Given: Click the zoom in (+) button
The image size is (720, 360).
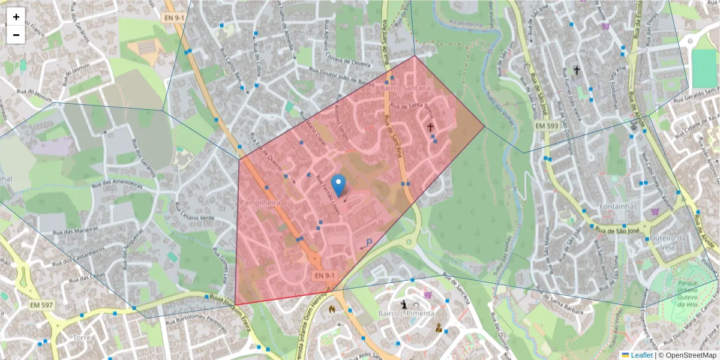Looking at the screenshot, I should [x=16, y=17].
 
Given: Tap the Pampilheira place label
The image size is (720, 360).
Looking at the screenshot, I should [x=260, y=203].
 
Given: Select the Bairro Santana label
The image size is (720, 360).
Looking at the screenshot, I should [x=406, y=88].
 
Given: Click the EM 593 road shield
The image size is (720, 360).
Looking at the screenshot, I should [x=547, y=126].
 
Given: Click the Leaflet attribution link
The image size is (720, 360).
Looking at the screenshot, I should [x=640, y=355].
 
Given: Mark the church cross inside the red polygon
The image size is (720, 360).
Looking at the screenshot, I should [x=430, y=127].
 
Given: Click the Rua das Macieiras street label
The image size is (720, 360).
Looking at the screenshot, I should [x=75, y=231].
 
